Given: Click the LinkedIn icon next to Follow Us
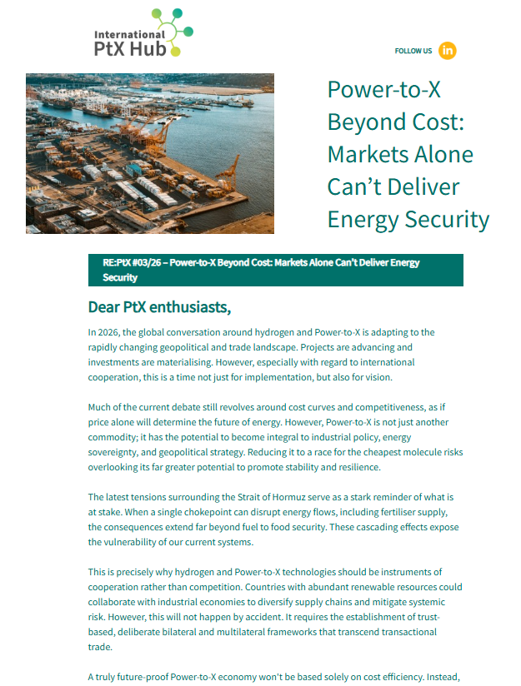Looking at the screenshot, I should (x=448, y=50).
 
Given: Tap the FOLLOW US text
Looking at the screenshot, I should (x=413, y=51).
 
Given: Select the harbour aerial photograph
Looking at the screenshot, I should (x=150, y=153).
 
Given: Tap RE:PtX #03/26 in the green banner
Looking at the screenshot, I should (x=130, y=262).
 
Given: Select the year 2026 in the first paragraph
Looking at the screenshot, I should (x=110, y=332).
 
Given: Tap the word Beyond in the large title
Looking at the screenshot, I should (x=367, y=122).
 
